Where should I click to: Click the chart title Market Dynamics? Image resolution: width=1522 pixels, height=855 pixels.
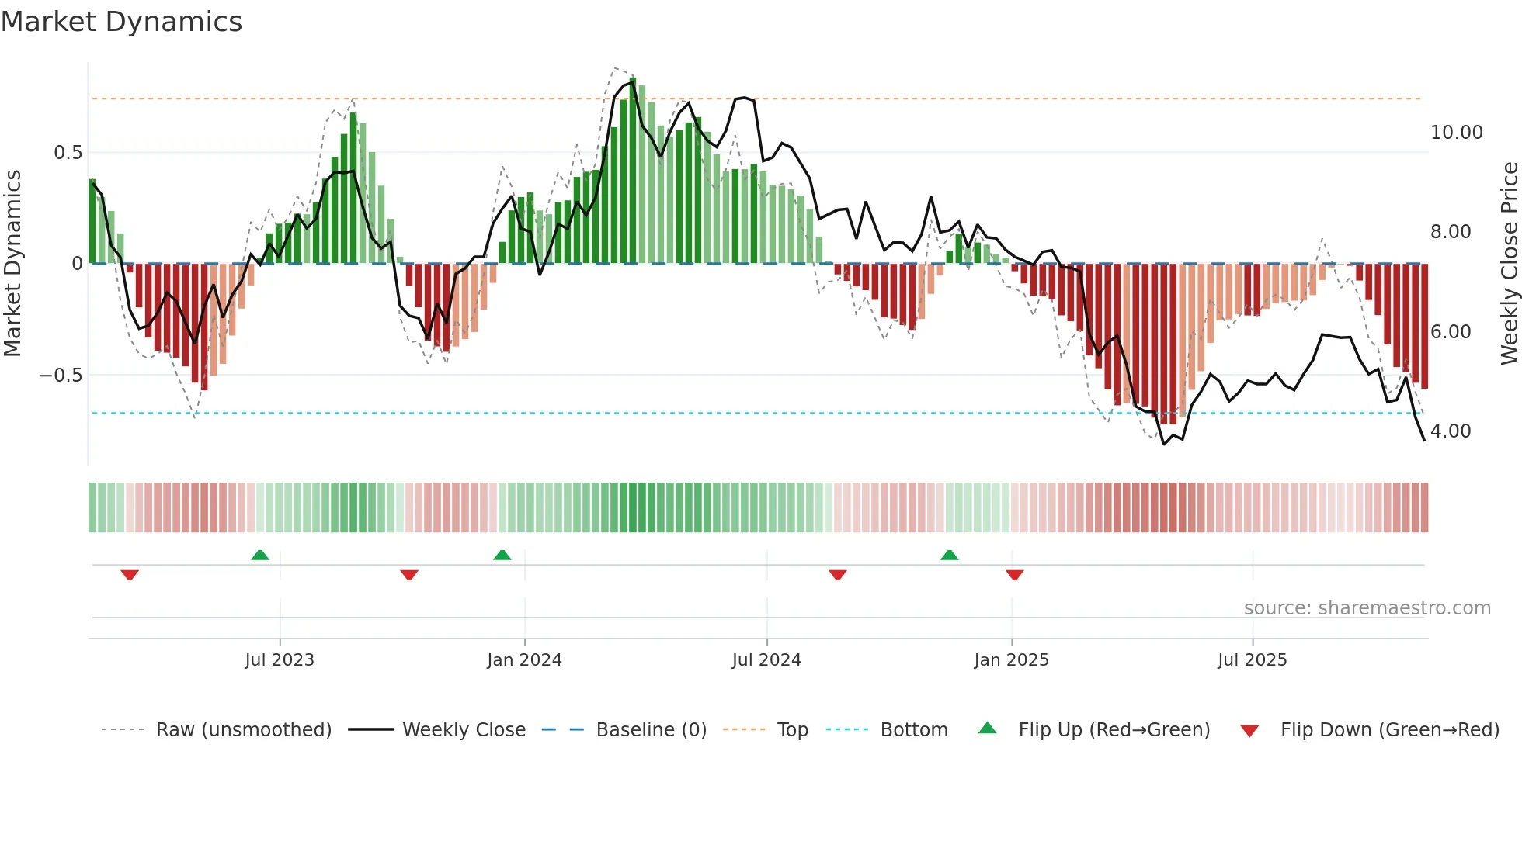tap(122, 22)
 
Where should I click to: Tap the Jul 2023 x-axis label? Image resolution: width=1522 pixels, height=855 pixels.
tap(280, 660)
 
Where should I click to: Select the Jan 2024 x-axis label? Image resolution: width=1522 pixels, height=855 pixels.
tap(524, 660)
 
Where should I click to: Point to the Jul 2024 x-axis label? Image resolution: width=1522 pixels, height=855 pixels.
tap(766, 660)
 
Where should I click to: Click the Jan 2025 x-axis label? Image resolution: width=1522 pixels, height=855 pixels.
tap(1011, 660)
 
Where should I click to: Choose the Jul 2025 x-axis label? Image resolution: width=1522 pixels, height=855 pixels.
tap(1252, 660)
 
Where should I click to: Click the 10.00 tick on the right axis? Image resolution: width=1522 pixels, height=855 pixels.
tap(1456, 133)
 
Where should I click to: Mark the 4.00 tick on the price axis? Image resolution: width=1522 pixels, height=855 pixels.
tap(1450, 431)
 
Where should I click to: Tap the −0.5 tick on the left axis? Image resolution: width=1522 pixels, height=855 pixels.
tap(61, 376)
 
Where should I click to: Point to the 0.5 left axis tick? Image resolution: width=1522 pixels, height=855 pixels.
tap(68, 153)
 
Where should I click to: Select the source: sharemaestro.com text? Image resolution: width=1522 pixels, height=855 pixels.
tap(1367, 608)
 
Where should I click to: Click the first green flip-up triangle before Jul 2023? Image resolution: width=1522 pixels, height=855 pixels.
tap(260, 556)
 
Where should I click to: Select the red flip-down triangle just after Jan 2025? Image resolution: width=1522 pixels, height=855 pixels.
tap(1014, 575)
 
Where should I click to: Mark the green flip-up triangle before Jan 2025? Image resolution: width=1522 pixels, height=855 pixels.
tap(949, 556)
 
